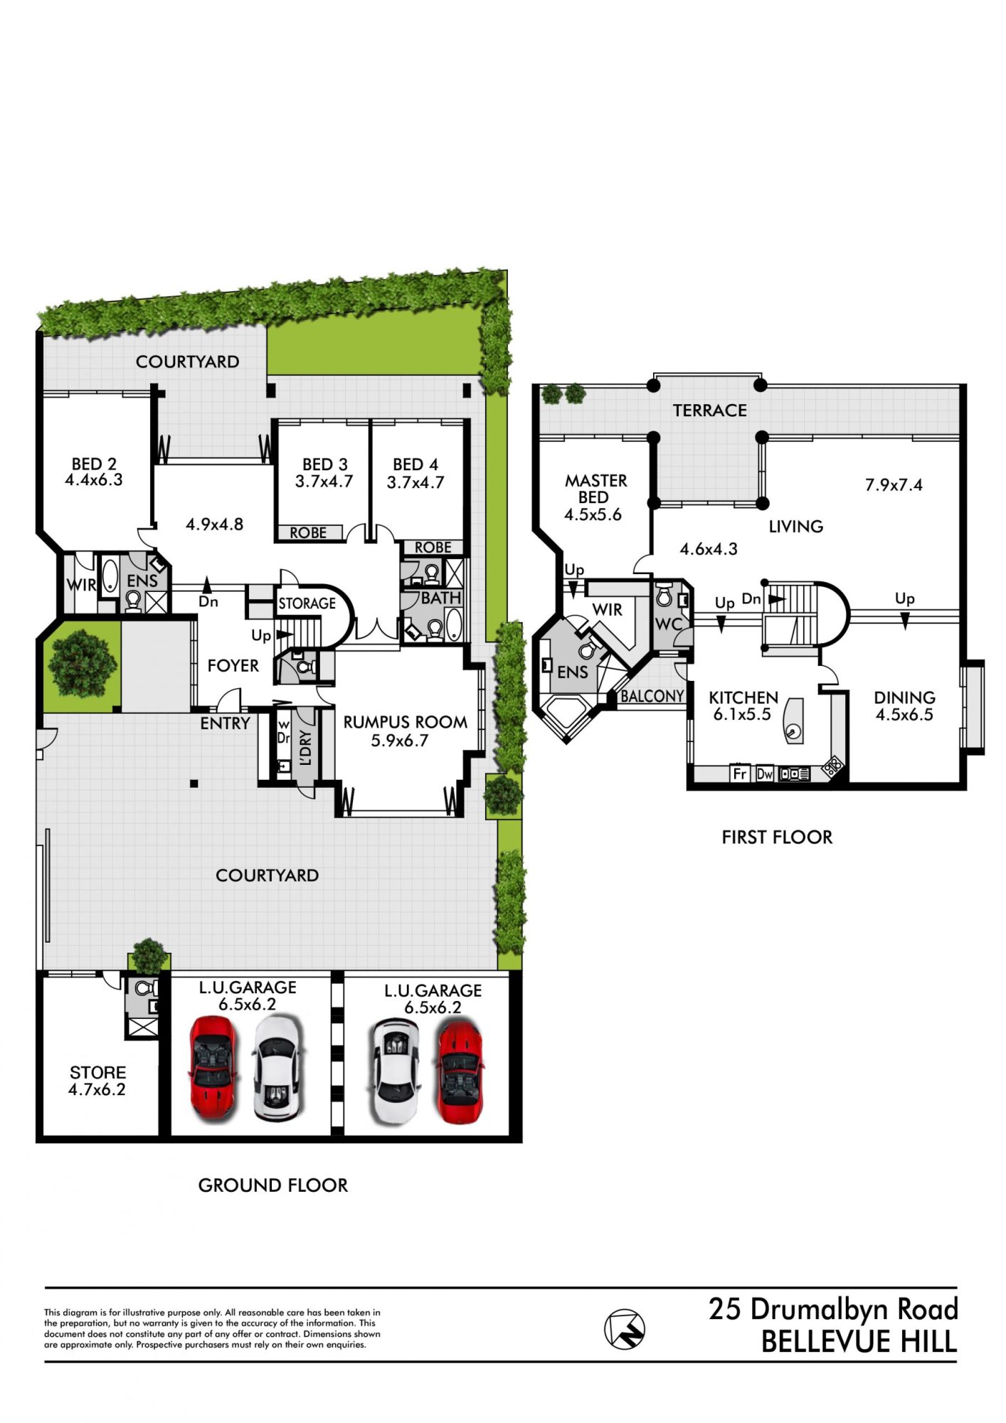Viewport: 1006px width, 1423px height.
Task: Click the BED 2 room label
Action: (94, 464)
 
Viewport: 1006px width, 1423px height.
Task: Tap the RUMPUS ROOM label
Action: (406, 722)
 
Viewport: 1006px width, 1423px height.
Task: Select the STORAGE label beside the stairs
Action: (307, 603)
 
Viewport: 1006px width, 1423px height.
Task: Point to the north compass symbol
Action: (624, 1328)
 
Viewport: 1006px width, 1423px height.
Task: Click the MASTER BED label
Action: (596, 489)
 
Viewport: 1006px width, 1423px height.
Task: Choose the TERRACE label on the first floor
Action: (710, 411)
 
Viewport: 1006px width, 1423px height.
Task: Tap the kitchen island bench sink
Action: (792, 730)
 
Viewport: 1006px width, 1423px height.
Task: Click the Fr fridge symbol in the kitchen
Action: (740, 773)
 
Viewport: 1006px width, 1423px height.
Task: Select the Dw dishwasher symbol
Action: (765, 773)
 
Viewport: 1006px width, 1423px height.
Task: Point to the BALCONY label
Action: (652, 697)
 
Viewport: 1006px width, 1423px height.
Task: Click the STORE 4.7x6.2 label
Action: (97, 1081)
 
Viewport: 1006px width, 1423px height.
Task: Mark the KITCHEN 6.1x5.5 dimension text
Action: (742, 714)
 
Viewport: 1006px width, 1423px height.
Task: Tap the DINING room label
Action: (904, 698)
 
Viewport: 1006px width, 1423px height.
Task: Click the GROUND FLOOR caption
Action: (273, 1185)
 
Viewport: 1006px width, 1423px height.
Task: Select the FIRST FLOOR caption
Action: (777, 837)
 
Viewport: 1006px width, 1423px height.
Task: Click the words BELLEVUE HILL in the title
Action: (859, 1342)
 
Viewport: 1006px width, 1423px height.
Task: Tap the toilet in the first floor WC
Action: (664, 596)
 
